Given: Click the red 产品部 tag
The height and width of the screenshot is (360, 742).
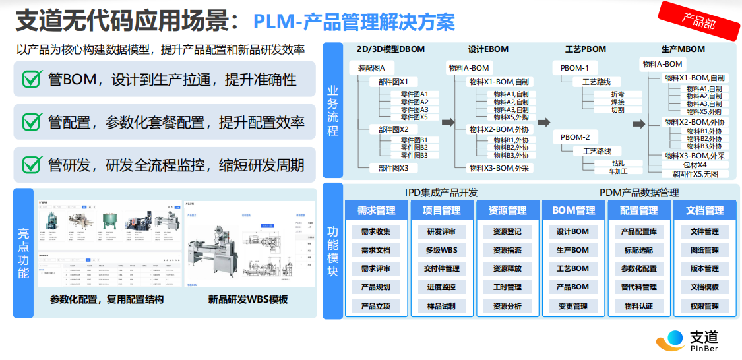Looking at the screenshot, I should pos(698,21).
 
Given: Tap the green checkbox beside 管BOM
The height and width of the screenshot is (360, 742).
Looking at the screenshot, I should pos(32,80).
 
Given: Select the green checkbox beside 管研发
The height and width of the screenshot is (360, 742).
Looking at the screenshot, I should pos(32,164).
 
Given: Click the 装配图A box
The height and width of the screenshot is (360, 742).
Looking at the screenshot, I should pos(376,68).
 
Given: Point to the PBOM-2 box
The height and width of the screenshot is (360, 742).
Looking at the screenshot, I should pos(575,137).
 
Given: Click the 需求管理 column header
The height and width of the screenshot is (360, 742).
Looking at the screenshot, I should pos(376,210).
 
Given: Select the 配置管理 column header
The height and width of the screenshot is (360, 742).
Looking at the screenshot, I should pos(638,210).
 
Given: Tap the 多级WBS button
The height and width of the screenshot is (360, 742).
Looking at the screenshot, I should pos(441,251).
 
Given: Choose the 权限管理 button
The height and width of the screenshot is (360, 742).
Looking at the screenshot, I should pos(704,306).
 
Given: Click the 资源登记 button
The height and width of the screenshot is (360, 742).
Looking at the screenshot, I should pos(507,232).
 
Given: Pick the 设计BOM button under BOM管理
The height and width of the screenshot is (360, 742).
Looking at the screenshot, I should pos(572,232).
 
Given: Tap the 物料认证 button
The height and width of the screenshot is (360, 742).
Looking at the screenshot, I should pos(638,306).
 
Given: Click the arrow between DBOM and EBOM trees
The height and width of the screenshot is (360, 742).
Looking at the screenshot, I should pos(448,122).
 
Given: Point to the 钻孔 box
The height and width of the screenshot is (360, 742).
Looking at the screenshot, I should pos(617,163).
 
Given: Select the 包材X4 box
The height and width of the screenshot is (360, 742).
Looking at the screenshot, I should pos(695,165).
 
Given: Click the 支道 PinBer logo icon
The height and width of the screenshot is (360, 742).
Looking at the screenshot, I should pos(670,340).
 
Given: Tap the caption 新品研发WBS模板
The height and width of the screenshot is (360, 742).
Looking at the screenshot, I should pos(248,299).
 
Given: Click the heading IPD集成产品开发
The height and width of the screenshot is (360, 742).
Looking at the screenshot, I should pos(441,193).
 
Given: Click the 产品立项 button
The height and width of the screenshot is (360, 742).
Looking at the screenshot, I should pos(376,306).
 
